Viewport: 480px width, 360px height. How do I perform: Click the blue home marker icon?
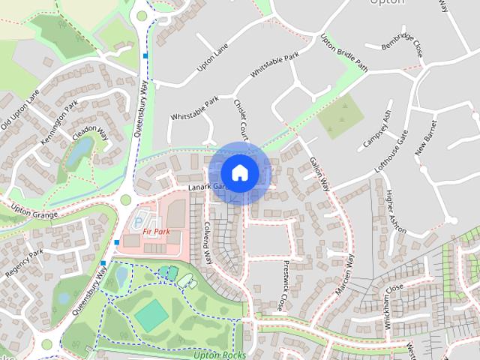tap(239, 172)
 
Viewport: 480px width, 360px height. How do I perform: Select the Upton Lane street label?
tap(212, 58)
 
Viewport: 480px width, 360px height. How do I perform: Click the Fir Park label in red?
tap(157, 232)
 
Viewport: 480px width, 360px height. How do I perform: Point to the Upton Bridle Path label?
tap(344, 53)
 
